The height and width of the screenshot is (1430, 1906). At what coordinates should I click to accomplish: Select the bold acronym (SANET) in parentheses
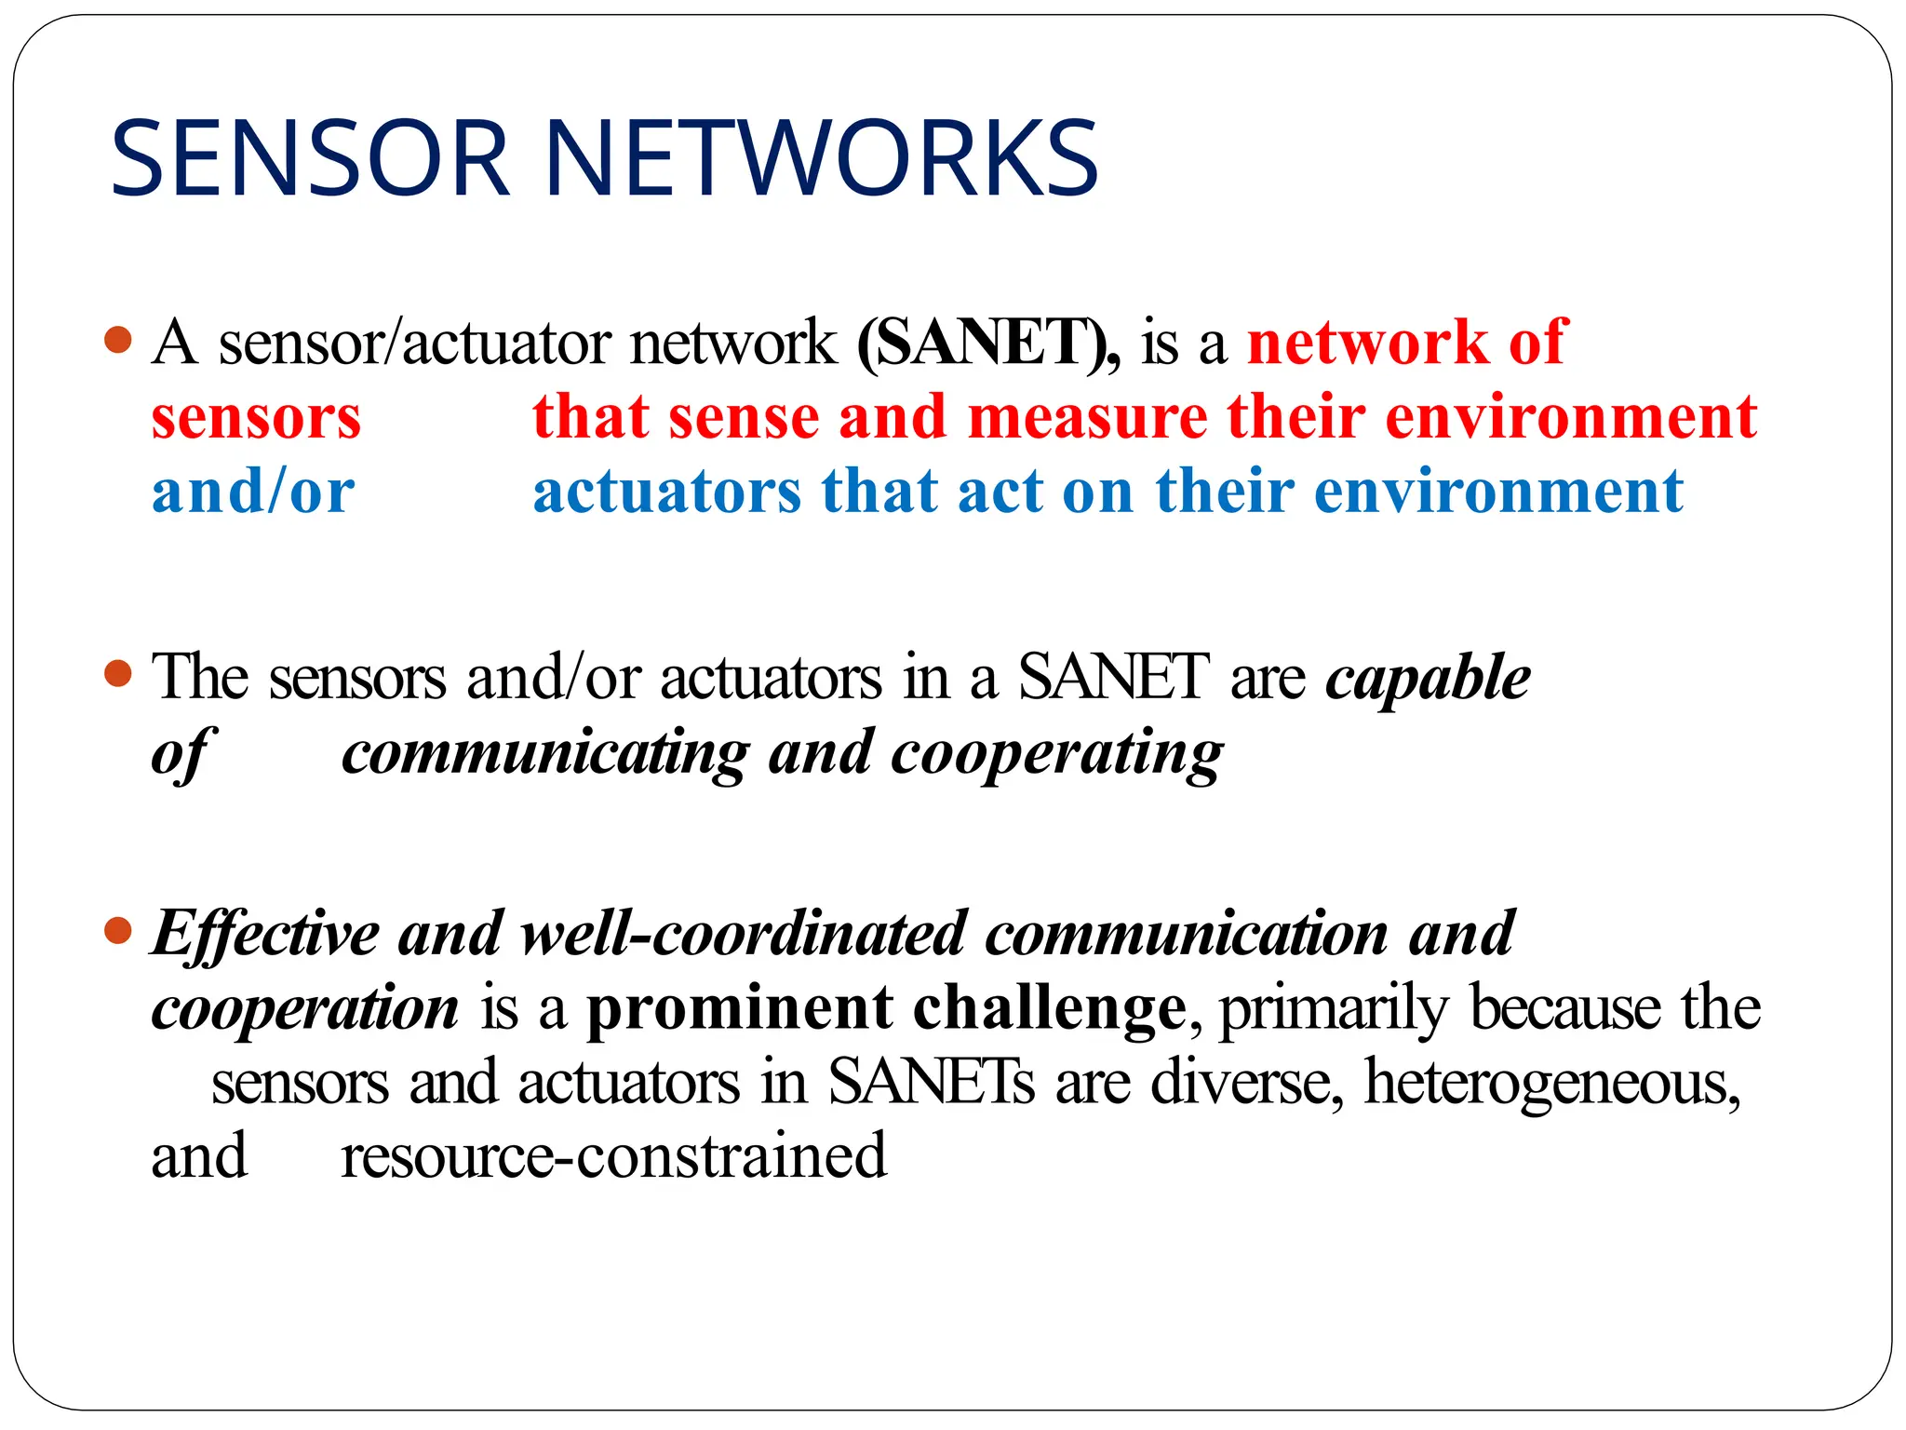987,342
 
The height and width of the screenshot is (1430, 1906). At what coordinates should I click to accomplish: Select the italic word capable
1428,678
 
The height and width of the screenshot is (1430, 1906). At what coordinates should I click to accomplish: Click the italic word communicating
545,752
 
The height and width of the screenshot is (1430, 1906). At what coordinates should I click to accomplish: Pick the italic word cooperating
1056,752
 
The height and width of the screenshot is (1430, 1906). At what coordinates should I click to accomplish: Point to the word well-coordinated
743,933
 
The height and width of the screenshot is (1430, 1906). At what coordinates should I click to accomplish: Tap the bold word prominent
740,1007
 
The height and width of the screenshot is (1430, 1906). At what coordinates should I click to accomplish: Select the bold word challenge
1049,1007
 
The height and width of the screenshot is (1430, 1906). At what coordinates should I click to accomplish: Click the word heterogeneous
1551,1083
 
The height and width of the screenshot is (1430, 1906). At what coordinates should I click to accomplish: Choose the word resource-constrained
613,1156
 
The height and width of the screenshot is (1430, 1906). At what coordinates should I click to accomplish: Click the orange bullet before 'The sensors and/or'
118,672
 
